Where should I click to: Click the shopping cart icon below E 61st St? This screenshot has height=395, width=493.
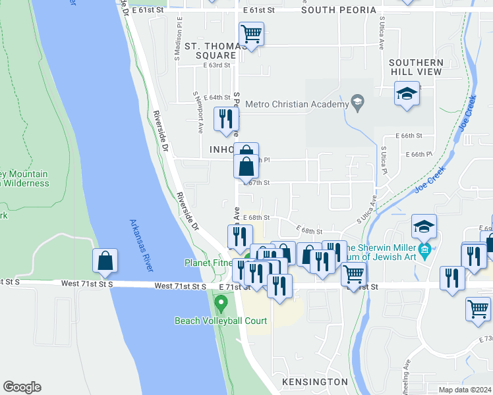251,33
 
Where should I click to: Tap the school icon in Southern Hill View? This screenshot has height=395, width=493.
407,93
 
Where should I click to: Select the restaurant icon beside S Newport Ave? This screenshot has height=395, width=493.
225,119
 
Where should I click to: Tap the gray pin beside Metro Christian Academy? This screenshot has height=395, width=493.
357,101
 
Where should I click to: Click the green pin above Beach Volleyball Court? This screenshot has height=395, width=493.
221,304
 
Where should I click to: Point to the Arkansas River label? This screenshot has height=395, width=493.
142,246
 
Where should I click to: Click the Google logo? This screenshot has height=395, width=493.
22,387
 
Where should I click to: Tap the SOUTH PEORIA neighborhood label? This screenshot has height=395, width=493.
339,11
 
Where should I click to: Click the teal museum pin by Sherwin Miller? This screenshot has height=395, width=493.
426,250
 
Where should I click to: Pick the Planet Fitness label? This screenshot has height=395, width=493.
208,263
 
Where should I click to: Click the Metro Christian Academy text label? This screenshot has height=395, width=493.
296,104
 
